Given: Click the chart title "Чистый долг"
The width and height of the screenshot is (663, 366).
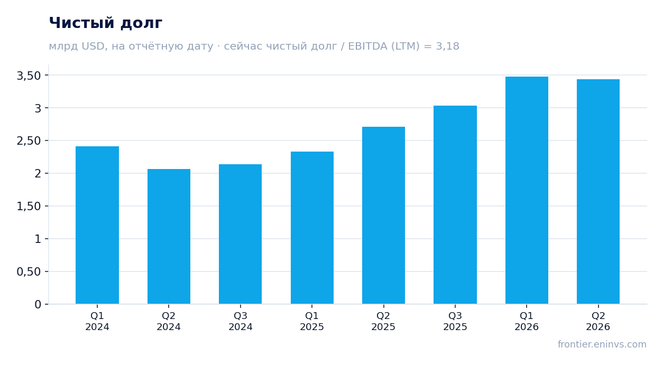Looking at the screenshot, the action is tap(105, 23).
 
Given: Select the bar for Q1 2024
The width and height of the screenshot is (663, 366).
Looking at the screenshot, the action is tap(97, 225).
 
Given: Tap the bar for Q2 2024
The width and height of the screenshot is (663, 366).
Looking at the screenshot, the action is tap(169, 237).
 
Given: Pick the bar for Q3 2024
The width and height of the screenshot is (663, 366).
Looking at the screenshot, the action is tap(241, 234).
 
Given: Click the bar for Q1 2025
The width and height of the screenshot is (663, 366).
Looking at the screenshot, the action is tap(312, 228).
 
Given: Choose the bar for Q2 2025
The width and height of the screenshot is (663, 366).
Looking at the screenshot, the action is tap(384, 215).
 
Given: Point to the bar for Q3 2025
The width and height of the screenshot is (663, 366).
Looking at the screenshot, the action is tap(455, 204).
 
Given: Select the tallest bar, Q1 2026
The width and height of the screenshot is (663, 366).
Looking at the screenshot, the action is tap(527, 190).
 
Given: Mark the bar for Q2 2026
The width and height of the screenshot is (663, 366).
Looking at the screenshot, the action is tap(598, 192).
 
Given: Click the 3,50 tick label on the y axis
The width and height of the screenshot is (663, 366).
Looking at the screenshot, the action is tap(29, 76).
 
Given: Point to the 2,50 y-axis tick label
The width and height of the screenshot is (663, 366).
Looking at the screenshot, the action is tap(29, 141).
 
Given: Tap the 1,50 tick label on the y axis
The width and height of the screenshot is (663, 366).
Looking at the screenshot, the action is tap(29, 207).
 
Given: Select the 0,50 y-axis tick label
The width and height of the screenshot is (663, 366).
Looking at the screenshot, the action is tap(29, 271).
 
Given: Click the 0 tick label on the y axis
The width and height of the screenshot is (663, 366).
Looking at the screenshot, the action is tap(38, 305).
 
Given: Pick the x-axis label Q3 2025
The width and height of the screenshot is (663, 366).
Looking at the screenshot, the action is tap(455, 321).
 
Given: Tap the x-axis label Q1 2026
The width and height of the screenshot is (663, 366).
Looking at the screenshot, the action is tap(527, 321).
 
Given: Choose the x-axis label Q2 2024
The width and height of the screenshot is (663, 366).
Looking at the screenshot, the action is tap(169, 321).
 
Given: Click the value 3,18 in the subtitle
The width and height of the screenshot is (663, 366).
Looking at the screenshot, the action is tap(447, 46).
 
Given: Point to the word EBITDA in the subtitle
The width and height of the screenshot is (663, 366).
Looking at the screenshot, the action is tap(368, 46).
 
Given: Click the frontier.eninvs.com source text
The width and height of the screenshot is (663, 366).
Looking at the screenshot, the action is tap(602, 344).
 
